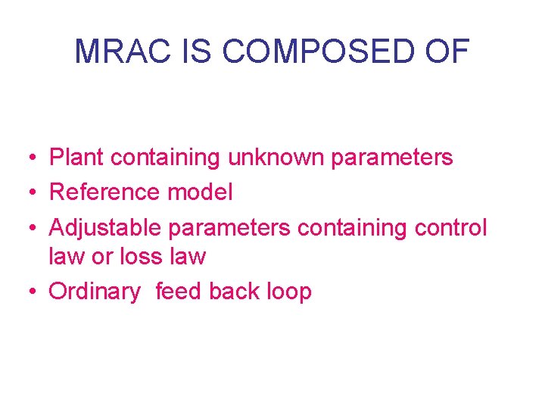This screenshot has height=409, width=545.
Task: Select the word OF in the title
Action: pyautogui.click(x=449, y=52)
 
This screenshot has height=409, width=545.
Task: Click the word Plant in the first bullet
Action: pyautogui.click(x=76, y=158)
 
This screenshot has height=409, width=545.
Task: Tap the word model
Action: pyautogui.click(x=199, y=192)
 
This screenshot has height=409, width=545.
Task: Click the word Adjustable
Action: pyautogui.click(x=105, y=228)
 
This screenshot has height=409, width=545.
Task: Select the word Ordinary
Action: pyautogui.click(x=95, y=292)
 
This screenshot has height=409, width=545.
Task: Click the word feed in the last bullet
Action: pyautogui.click(x=179, y=292)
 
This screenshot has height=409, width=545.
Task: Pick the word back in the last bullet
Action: pyautogui.click(x=235, y=292)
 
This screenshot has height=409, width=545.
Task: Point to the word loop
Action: pyautogui.click(x=289, y=292)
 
